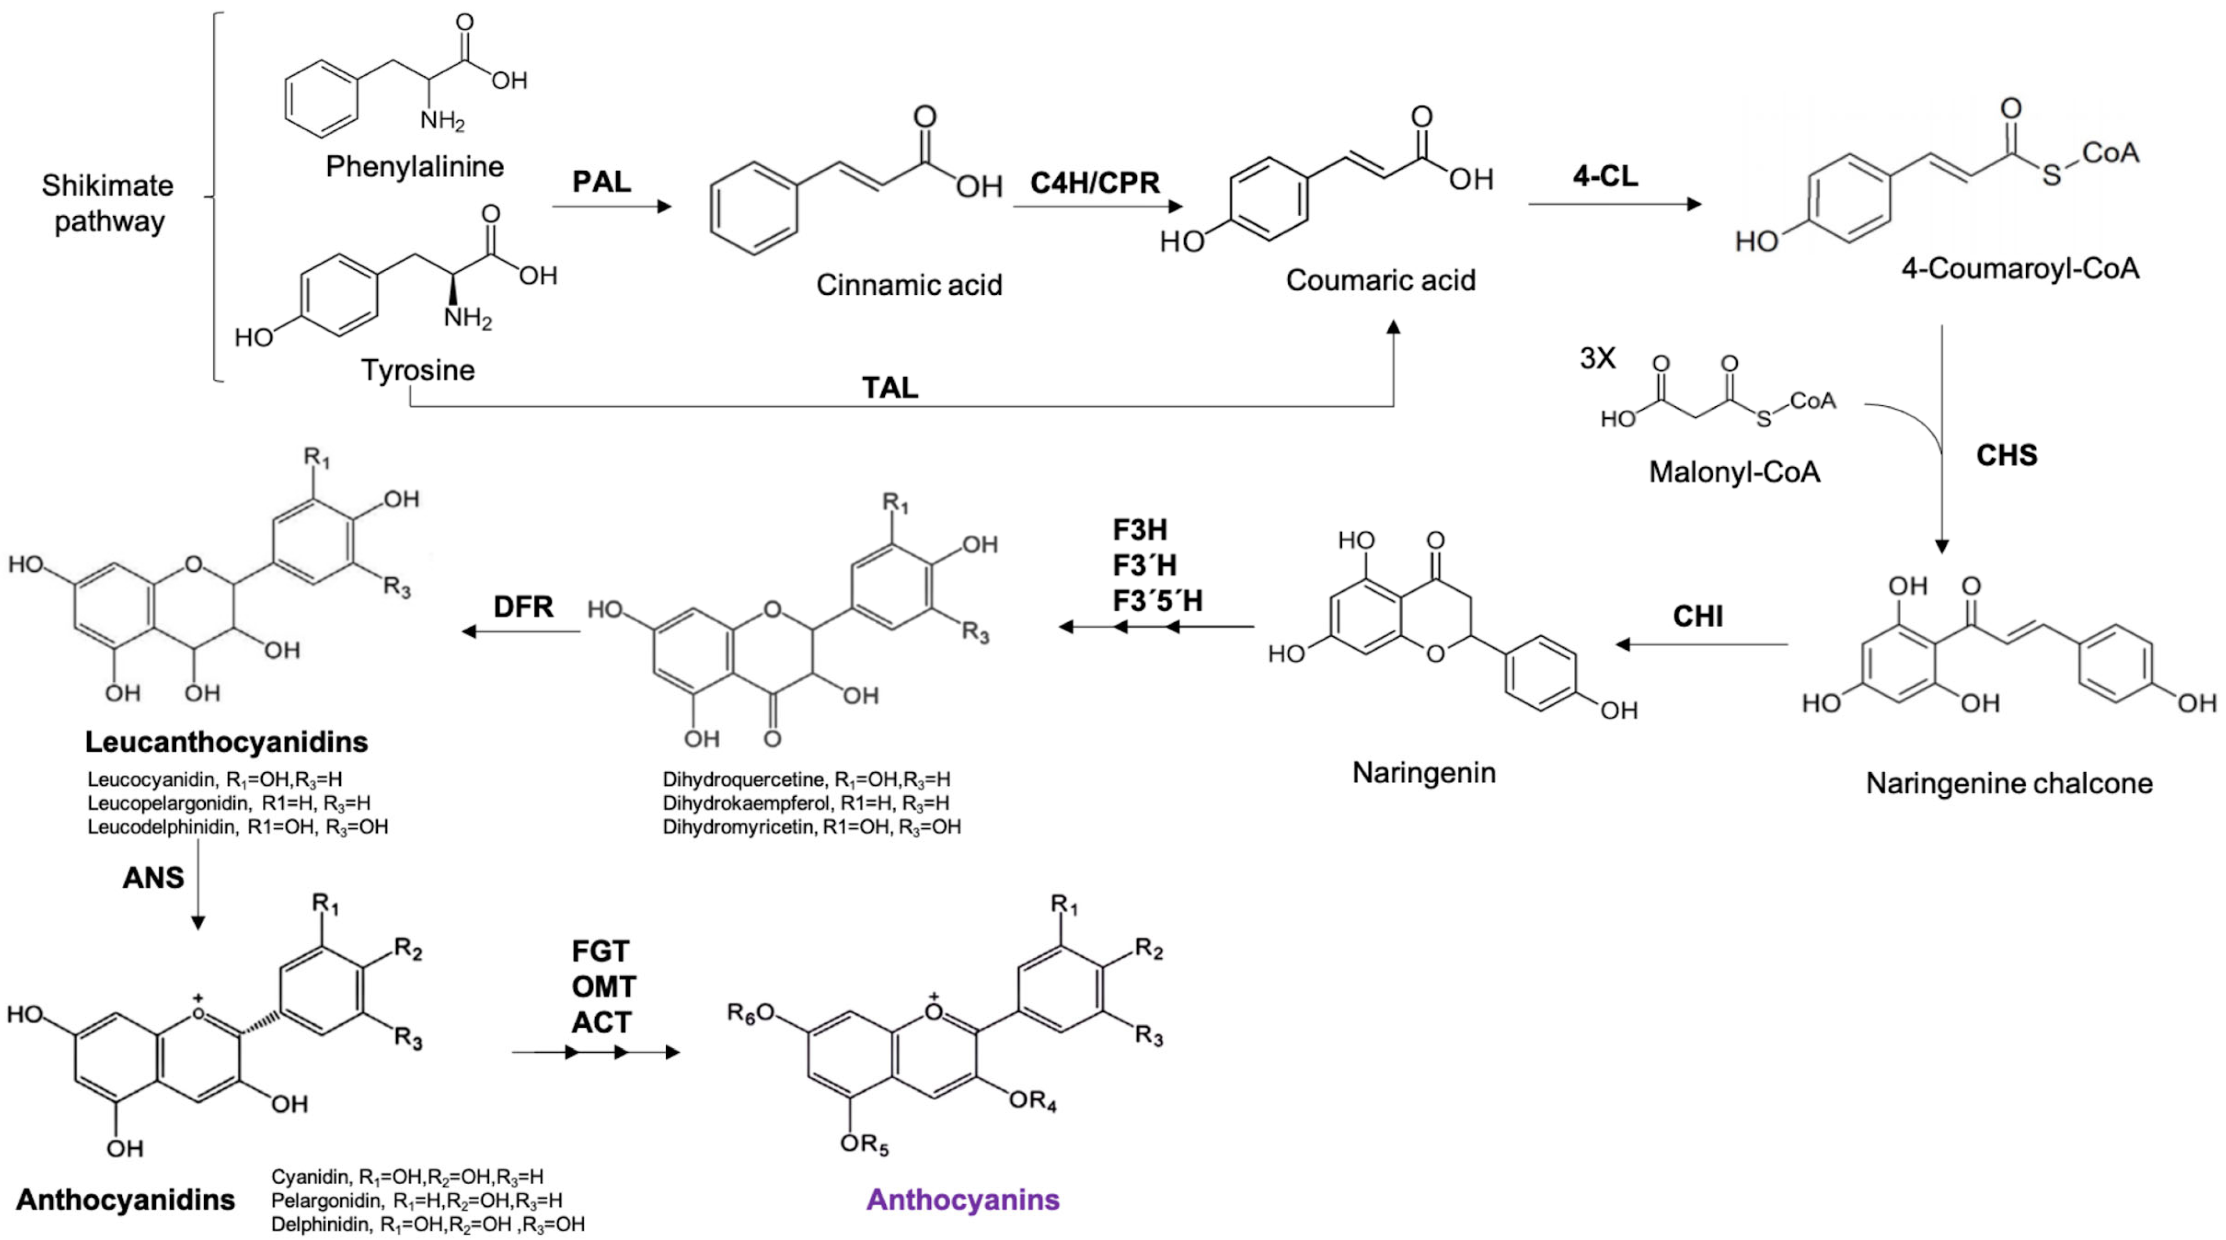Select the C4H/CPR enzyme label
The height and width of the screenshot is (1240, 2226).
1095,183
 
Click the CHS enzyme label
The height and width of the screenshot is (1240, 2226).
2007,455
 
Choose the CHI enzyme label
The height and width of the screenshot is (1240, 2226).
1697,616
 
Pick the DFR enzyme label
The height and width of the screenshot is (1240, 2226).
523,607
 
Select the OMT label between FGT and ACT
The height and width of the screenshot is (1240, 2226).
603,987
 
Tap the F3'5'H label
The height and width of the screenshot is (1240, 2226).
1157,601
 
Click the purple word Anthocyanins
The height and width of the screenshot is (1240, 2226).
963,1199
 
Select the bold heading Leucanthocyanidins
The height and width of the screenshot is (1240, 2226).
226,742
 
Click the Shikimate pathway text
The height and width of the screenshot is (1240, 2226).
108,203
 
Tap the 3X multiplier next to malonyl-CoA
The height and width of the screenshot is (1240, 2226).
1597,358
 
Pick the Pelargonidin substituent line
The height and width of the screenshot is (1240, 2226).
416,1200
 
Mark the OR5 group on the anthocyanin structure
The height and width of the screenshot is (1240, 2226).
864,1144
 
